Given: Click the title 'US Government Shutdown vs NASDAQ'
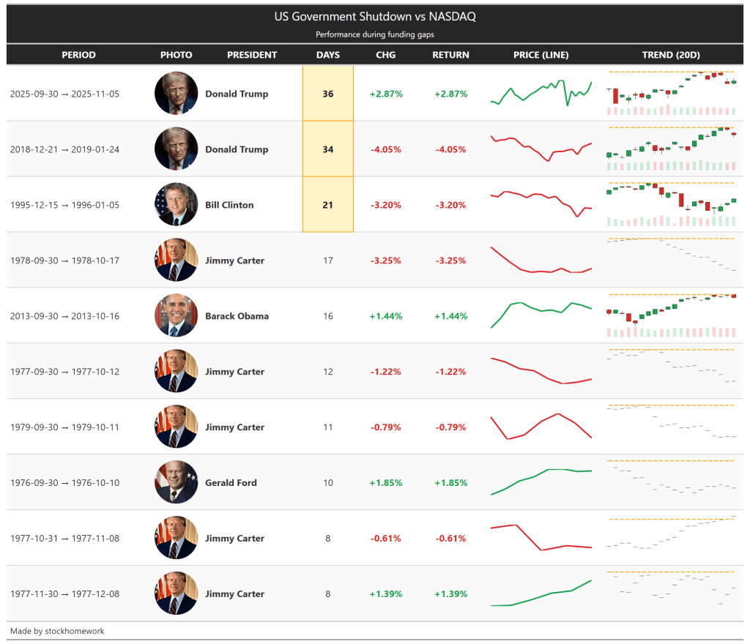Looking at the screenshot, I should point(375,16).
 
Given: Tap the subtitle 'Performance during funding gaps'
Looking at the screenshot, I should point(375,34).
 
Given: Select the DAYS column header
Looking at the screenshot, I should point(328,55).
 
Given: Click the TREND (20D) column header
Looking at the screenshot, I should point(671,55).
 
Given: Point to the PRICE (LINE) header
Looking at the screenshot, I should point(541,55).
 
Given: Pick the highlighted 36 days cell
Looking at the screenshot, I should point(328,94).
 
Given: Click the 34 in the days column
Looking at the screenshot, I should point(328,149).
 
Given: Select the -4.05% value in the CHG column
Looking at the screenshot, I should point(386,149).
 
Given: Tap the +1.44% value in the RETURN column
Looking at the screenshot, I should point(450,316).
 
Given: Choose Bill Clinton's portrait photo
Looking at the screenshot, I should point(176,204).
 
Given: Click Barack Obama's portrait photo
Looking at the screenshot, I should point(176,315).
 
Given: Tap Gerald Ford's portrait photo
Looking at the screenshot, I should point(176,482).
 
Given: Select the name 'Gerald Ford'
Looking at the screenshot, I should point(231,483).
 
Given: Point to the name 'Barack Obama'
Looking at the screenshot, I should point(237,316).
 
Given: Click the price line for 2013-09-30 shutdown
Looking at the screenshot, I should point(541,313).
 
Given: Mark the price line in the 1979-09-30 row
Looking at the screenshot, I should point(541,426).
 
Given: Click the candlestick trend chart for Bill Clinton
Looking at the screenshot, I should point(671,204).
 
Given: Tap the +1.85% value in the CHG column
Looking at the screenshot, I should point(386,483).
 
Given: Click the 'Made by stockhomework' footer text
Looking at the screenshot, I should point(57,631).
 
